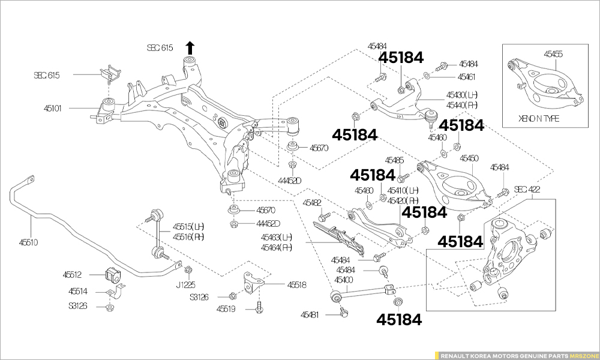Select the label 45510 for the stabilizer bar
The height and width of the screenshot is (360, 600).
click(28, 242)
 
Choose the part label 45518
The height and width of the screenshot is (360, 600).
click(296, 285)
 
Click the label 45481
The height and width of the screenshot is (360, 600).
click(310, 314)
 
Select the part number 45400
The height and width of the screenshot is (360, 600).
click(344, 280)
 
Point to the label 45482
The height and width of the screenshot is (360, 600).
click(312, 203)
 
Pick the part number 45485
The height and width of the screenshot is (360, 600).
click(395, 160)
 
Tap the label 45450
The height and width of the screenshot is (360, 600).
click(469, 158)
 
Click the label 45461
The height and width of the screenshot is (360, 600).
click(466, 77)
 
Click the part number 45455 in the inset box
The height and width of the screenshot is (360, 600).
click(553, 54)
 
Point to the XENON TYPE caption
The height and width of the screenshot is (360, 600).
click(539, 118)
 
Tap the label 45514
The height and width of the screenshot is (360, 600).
click(78, 292)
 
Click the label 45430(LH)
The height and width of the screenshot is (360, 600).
click(461, 95)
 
